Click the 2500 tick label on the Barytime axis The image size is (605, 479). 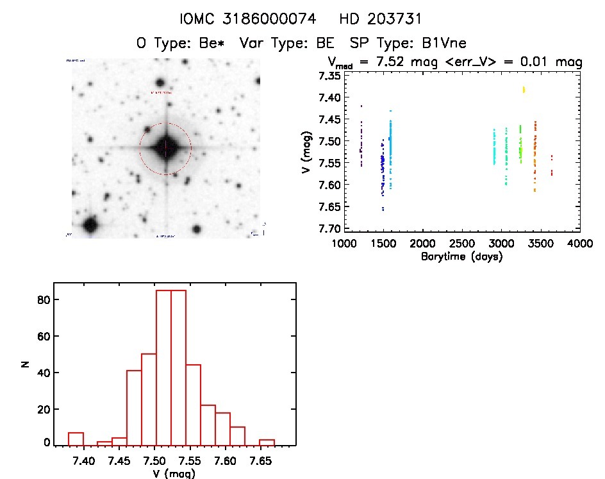coord(461,244)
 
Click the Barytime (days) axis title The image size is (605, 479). coord(461,256)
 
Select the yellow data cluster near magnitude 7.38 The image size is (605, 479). coord(524,90)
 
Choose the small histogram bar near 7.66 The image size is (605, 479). coord(267,442)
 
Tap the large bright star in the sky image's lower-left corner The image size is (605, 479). coord(90,225)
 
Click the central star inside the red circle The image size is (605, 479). coord(165,148)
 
